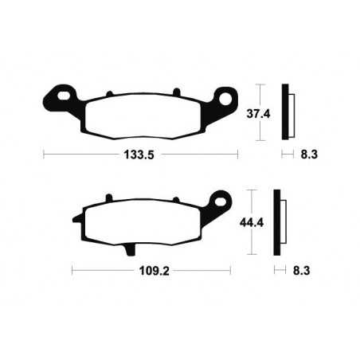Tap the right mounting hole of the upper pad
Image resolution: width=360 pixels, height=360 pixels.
point(225,100)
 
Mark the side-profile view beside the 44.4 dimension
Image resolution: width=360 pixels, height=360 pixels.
point(278,222)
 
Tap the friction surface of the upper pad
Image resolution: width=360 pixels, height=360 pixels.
point(139,114)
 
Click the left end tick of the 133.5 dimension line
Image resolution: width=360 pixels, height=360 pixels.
point(43,154)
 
